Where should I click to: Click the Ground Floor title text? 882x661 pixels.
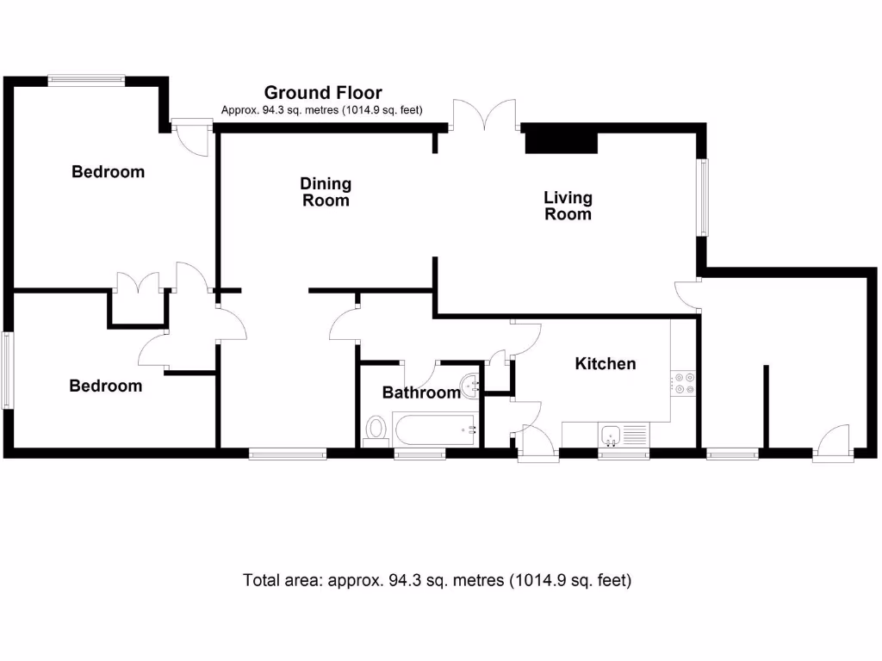pyautogui.click(x=322, y=92)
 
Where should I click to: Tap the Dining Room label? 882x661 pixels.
pyautogui.click(x=325, y=192)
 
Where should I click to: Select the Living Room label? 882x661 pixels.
pyautogui.click(x=568, y=206)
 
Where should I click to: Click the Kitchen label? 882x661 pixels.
pyautogui.click(x=605, y=363)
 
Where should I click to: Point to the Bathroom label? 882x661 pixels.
pyautogui.click(x=420, y=392)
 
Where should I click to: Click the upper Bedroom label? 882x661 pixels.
pyautogui.click(x=108, y=171)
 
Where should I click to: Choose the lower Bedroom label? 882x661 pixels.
pyautogui.click(x=105, y=386)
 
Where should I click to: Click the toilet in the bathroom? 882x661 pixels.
pyautogui.click(x=376, y=429)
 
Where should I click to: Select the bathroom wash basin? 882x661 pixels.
pyautogui.click(x=470, y=387)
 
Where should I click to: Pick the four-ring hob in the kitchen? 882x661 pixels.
pyautogui.click(x=685, y=382)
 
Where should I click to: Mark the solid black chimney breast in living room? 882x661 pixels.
pyautogui.click(x=561, y=139)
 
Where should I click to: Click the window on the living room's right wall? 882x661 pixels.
pyautogui.click(x=704, y=197)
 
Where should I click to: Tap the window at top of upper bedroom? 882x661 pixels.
pyautogui.click(x=86, y=81)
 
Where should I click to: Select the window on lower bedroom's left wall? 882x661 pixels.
pyautogui.click(x=6, y=370)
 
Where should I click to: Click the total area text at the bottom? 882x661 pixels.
pyautogui.click(x=438, y=580)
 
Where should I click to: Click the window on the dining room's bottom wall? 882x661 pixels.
pyautogui.click(x=288, y=453)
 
